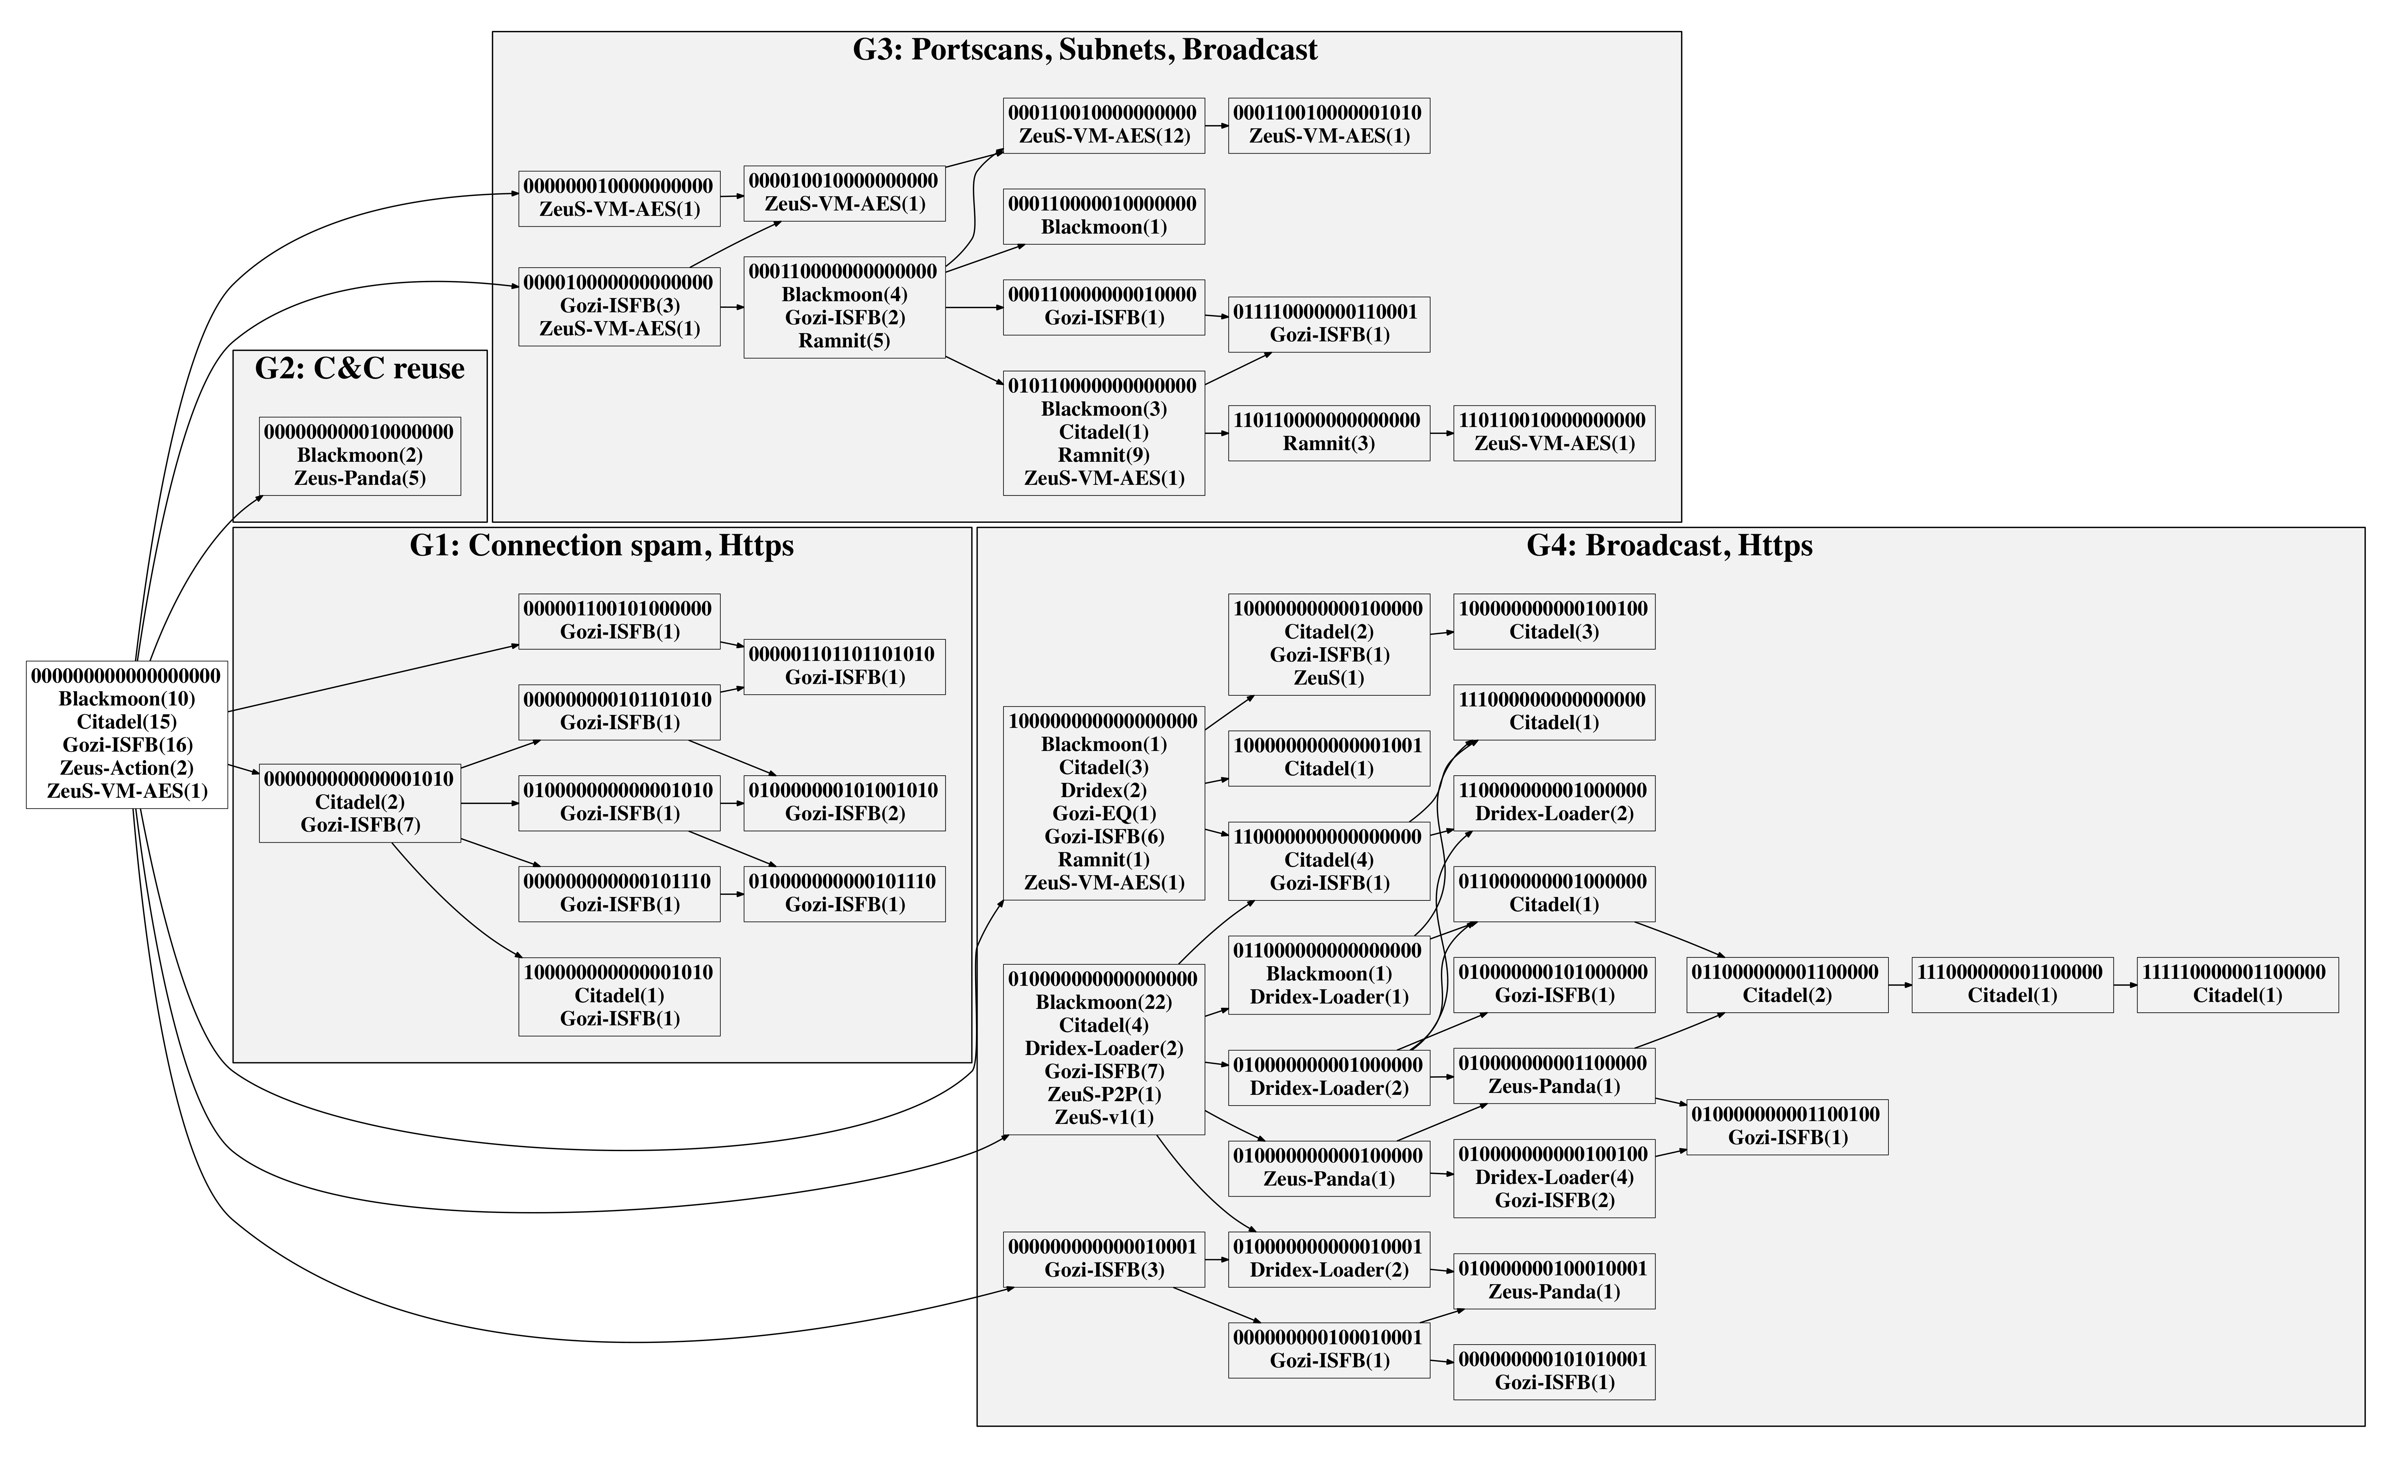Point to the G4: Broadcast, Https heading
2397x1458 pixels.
coord(1669,546)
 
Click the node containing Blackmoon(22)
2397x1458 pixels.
coord(1104,1048)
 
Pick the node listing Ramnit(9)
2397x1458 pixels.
coord(1104,433)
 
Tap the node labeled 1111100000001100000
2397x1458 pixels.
coord(2237,984)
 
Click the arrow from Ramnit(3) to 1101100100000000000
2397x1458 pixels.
coord(1442,433)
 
